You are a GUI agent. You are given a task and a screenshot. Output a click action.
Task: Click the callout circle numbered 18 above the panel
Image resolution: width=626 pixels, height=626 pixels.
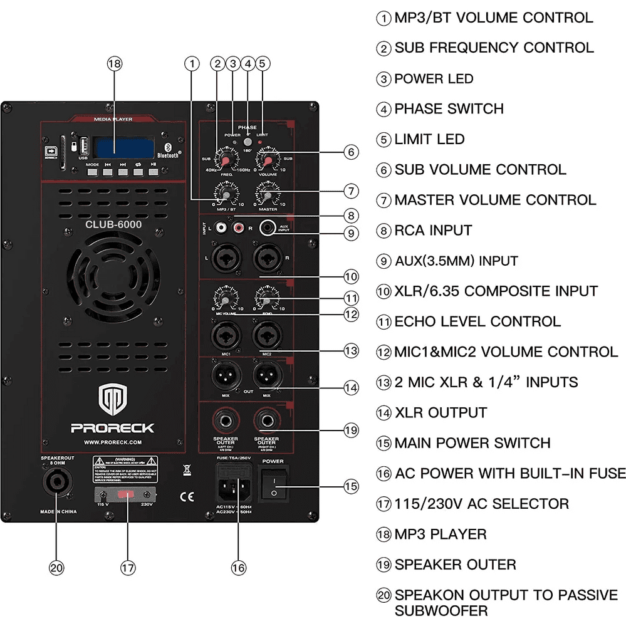(x=114, y=63)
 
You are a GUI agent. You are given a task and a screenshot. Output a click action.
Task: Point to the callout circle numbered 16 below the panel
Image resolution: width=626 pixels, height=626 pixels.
(x=238, y=568)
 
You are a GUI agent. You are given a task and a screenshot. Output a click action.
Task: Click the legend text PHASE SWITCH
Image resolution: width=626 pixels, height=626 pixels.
(x=449, y=109)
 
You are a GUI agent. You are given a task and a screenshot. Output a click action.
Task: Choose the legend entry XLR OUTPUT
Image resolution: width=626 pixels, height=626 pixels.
(x=441, y=413)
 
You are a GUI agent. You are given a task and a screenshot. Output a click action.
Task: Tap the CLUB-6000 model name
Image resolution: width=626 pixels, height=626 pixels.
(x=113, y=225)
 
